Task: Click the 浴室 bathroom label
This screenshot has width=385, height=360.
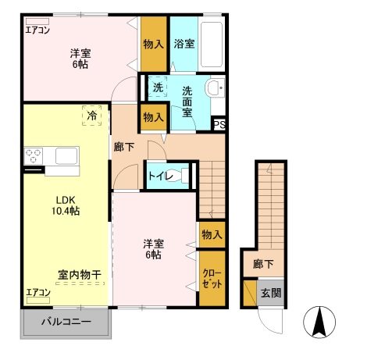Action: coord(184,44)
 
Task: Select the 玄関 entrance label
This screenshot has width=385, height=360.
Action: coord(270,293)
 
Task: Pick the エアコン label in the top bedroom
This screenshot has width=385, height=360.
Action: coord(37,31)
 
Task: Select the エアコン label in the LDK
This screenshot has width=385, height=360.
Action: coord(37,293)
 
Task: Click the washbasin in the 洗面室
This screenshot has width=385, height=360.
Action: coord(215,87)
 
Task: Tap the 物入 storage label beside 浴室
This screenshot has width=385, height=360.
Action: coord(153,44)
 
